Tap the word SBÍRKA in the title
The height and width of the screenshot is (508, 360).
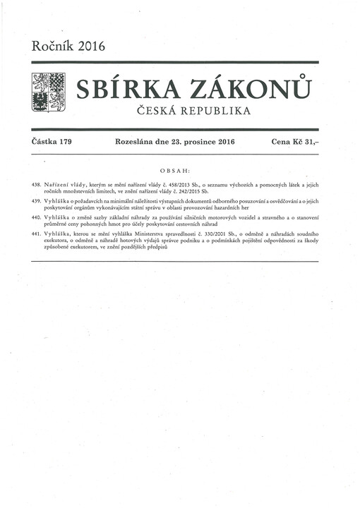click(x=121, y=90)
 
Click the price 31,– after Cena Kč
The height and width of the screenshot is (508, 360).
click(x=308, y=142)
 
